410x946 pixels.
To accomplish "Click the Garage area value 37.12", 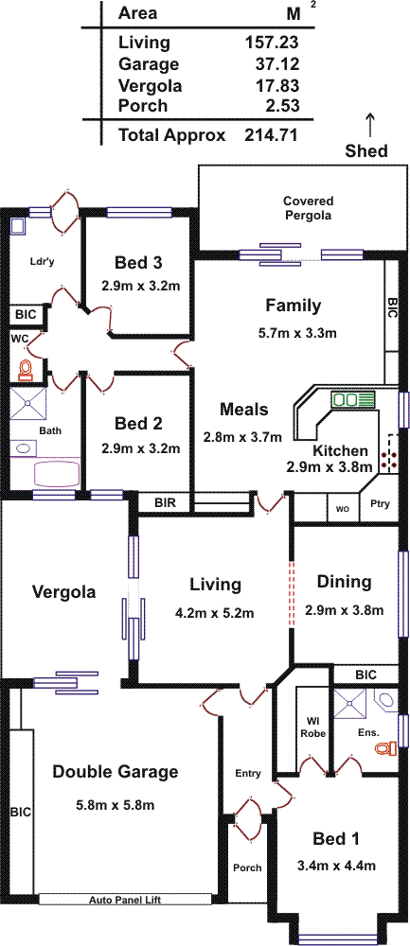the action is pos(272,64).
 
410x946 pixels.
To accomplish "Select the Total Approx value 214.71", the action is pos(271,134).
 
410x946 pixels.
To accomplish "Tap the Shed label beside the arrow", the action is pos(366,150).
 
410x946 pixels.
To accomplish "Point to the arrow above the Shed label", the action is pos(370,126).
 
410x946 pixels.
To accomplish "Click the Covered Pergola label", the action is pos(309,208).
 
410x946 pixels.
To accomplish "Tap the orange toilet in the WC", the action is pos(25,369).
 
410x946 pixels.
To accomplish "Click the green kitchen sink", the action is pos(352,399).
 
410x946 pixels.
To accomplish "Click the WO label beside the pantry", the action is pos(343,509).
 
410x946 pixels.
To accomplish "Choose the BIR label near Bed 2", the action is pos(165,502).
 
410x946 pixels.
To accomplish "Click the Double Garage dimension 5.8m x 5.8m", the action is pos(116,805).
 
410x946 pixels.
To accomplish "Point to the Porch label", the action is pos(247,867).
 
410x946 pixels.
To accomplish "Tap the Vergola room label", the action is pos(63,592).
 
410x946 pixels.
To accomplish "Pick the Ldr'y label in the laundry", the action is pos(41,261).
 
